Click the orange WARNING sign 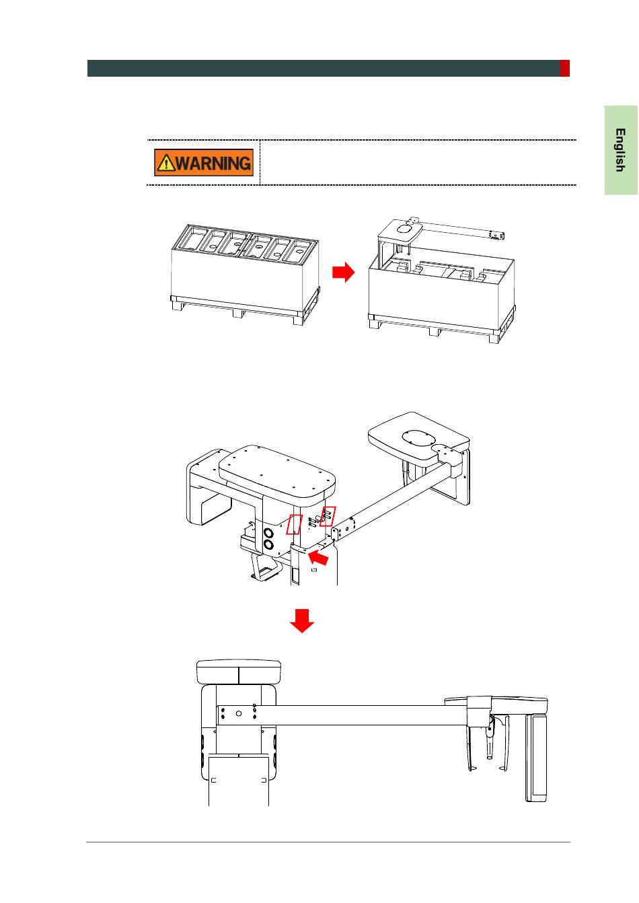pos(204,162)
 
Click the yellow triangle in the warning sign pos(165,164)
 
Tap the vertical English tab pos(620,150)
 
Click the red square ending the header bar pos(564,68)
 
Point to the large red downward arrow pos(302,621)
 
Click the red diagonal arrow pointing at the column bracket pos(319,558)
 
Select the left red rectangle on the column pos(294,524)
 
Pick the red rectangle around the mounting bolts pos(328,516)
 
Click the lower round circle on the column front pos(268,546)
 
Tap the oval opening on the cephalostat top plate pos(418,438)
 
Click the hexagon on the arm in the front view pos(239,713)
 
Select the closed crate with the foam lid pos(245,274)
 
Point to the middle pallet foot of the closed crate pos(238,312)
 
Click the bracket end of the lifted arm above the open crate pos(496,235)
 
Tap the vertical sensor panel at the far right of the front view pos(536,758)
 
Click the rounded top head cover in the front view pos(239,672)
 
